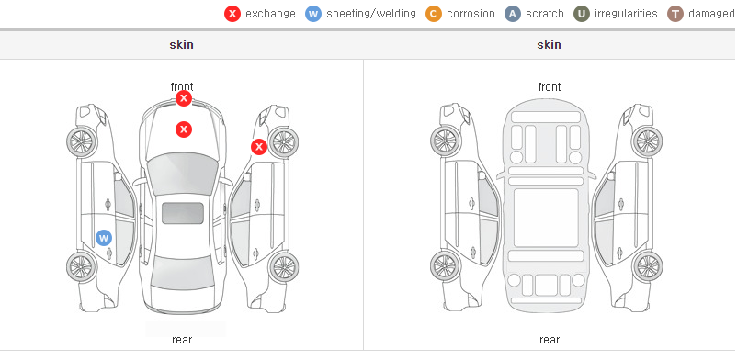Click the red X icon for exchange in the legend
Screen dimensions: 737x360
[232, 14]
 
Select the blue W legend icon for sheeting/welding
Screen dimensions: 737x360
[313, 14]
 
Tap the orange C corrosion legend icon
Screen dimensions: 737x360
[434, 14]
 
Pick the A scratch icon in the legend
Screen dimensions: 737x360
[513, 14]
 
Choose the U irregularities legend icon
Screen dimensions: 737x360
[582, 14]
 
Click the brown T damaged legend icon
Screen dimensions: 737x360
[675, 14]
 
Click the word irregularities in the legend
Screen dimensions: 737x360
[626, 14]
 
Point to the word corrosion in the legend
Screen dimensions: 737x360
[471, 14]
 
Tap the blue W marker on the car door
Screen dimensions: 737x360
[104, 238]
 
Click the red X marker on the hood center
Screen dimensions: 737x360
[184, 129]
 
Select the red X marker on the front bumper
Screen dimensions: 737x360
[184, 98]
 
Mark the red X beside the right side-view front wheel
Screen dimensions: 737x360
[258, 147]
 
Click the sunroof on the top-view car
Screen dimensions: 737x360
[183, 213]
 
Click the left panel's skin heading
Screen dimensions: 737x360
[181, 45]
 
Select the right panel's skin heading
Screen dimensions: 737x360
[549, 45]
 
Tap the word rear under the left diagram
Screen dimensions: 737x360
[182, 340]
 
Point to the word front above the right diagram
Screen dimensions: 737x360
[550, 87]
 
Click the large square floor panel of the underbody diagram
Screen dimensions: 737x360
[546, 218]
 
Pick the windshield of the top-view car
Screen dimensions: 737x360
[183, 174]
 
